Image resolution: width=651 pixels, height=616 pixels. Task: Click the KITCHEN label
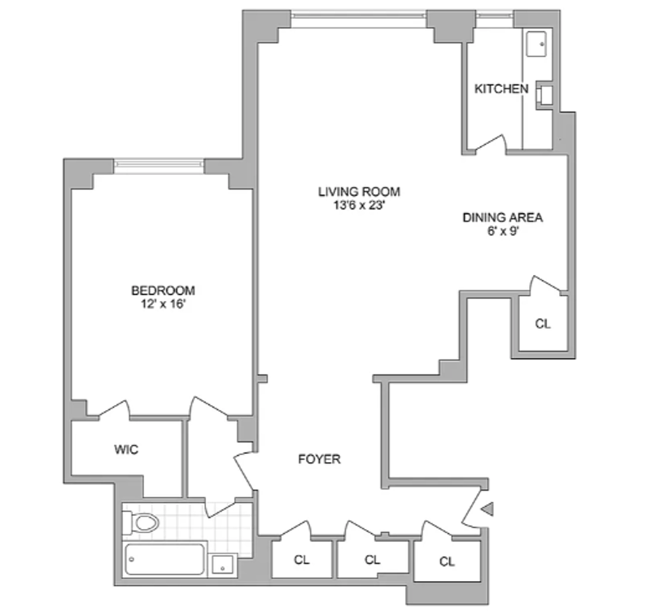click(501, 89)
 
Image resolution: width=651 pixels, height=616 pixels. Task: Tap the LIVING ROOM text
click(359, 192)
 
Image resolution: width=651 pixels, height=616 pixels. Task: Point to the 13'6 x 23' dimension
click(359, 205)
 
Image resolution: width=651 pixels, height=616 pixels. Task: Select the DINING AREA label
click(502, 217)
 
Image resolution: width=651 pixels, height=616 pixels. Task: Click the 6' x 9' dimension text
click(502, 230)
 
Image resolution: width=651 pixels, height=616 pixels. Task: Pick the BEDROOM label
click(164, 291)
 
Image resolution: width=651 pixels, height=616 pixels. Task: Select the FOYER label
click(319, 459)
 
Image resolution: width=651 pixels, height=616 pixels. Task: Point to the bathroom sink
click(222, 563)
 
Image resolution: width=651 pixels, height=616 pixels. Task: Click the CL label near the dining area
click(543, 323)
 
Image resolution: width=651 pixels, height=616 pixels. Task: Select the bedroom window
click(159, 165)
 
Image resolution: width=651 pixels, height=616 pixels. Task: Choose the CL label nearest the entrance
click(447, 561)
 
